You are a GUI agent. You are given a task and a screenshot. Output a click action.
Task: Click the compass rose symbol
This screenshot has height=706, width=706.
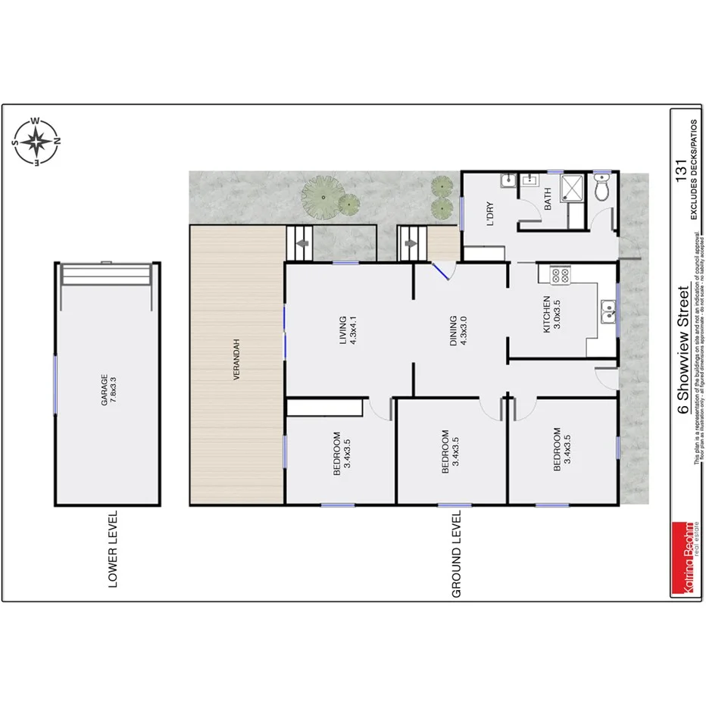pyautogui.click(x=36, y=142)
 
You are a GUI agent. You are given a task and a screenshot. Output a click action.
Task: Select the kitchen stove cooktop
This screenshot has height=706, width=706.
pyautogui.click(x=560, y=276)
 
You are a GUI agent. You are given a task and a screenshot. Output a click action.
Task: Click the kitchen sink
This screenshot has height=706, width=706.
pyautogui.click(x=608, y=308)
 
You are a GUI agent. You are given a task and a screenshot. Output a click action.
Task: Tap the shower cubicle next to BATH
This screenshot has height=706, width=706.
pyautogui.click(x=573, y=189)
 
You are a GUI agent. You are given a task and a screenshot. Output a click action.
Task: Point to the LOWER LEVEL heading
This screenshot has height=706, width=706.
pyautogui.click(x=114, y=548)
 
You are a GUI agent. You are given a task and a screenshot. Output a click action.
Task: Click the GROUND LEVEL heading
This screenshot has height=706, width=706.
pyautogui.click(x=456, y=554)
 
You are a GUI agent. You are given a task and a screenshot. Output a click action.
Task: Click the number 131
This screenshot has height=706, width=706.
pyautogui.click(x=679, y=167)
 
